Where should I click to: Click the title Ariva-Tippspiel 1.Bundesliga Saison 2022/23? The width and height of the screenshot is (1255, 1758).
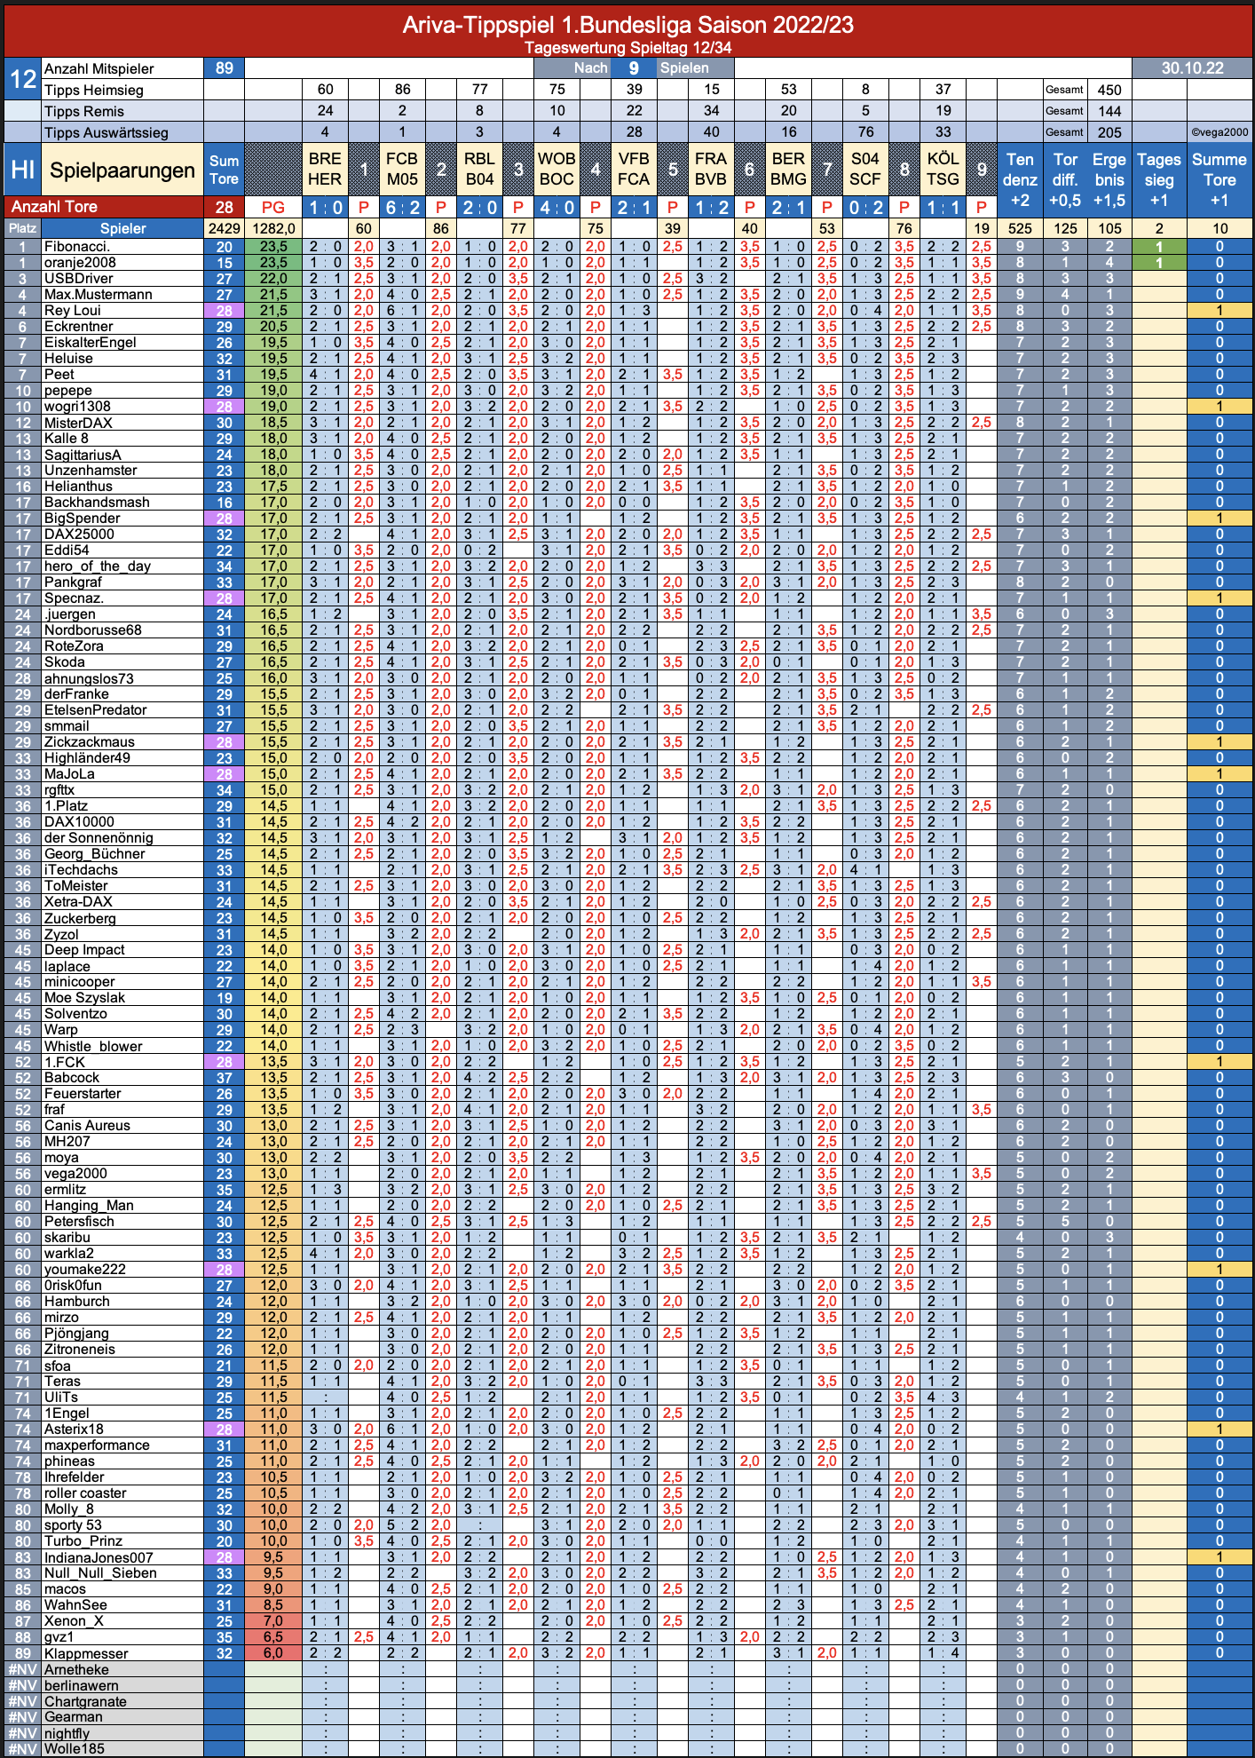pos(627,24)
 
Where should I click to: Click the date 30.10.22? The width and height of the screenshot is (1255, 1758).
pos(1192,68)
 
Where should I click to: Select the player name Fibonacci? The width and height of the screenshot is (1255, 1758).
pos(77,247)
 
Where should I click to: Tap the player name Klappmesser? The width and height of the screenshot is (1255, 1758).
pos(86,1653)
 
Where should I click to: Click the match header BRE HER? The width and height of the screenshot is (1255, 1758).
pos(325,169)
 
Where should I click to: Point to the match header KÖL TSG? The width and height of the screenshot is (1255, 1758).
pos(943,169)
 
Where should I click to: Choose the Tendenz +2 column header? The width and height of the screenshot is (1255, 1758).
pos(1020,179)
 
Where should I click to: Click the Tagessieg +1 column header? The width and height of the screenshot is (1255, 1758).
pos(1159,179)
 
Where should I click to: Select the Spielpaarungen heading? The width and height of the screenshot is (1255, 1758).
pos(122,170)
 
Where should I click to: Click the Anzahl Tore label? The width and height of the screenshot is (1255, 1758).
pos(54,207)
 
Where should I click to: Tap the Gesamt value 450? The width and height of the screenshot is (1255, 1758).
pos(1109,90)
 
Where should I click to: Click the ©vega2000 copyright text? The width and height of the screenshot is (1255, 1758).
pos(1219,132)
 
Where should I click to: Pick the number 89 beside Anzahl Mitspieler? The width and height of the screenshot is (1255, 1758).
pos(224,68)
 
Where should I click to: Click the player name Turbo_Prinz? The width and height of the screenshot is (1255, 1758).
pos(83,1541)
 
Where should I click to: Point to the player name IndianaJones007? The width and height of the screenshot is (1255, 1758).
pos(99,1557)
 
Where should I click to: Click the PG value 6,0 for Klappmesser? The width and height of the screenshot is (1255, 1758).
pos(273,1653)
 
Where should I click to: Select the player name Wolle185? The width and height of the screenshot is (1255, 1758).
pos(75,1749)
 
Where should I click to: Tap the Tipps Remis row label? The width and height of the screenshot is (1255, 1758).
pos(84,111)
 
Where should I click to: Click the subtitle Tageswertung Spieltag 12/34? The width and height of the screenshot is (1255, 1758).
pos(627,48)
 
